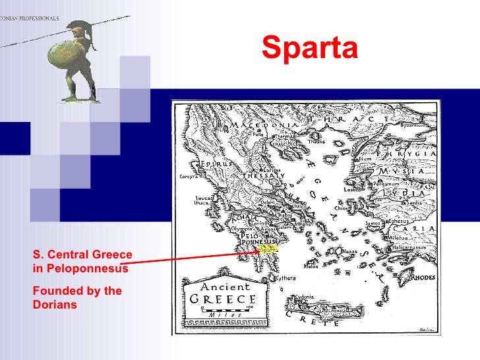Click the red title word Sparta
(x=309, y=47)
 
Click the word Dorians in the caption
(x=54, y=305)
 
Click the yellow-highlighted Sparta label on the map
(x=267, y=249)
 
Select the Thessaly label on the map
(x=260, y=176)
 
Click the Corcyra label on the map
(x=187, y=177)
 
